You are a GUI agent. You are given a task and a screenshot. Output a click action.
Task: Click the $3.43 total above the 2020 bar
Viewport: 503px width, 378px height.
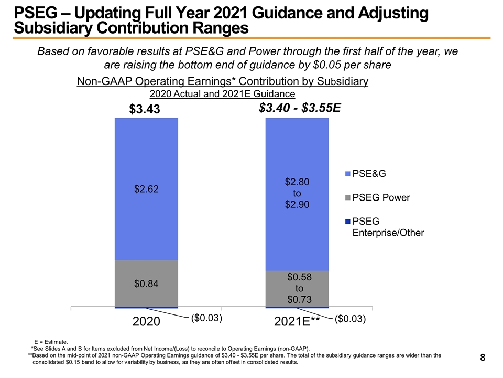pos(144,110)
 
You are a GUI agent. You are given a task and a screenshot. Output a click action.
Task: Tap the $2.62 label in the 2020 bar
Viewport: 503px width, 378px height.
pos(146,189)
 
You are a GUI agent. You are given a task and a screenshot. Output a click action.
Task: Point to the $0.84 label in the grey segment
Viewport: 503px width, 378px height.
pos(146,284)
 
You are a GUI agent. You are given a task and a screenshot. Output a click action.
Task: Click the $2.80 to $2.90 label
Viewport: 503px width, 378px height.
pos(297,193)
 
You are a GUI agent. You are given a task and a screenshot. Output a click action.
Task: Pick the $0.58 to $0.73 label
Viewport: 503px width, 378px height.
pos(299,288)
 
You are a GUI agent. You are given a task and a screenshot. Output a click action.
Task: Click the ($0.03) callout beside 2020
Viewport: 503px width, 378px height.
pos(206,318)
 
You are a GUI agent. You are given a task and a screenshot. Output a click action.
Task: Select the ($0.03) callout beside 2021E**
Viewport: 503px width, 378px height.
pos(349,319)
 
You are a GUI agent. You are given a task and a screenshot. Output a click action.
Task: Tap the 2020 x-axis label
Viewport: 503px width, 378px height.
pos(146,322)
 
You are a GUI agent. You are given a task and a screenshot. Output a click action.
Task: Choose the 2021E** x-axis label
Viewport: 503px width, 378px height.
pos(297,322)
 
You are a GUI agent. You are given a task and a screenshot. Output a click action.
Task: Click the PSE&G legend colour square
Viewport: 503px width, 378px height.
pos(347,173)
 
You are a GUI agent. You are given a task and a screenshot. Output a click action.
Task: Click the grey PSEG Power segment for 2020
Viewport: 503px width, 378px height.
pos(146,273)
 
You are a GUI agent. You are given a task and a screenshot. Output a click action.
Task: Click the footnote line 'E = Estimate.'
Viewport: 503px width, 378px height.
pos(50,341)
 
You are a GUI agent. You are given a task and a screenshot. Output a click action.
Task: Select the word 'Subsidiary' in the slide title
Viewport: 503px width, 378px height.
pos(54,27)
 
